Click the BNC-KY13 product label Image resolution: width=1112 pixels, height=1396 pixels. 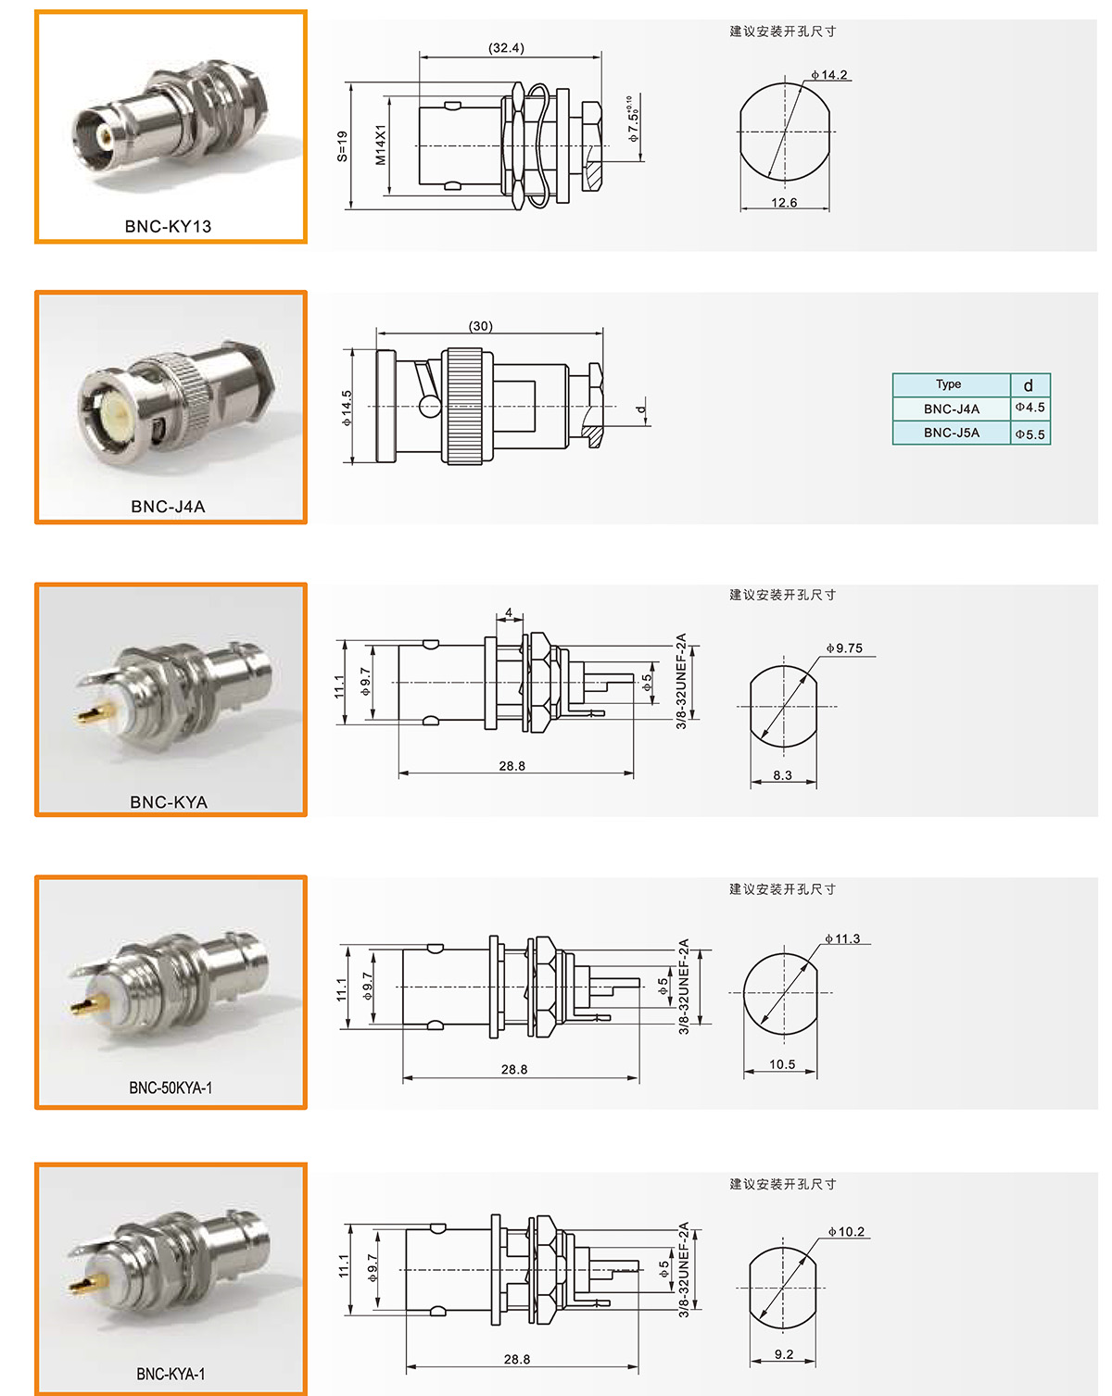coord(168,226)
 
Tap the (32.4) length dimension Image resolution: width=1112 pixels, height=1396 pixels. coord(506,48)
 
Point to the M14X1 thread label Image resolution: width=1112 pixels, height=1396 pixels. coord(381,145)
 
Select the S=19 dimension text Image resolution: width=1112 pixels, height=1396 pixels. coord(342,146)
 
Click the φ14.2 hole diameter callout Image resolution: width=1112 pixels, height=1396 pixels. coord(829,75)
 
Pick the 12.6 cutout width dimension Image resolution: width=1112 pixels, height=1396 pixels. coord(784,203)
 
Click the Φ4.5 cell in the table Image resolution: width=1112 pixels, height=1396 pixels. coord(1030,408)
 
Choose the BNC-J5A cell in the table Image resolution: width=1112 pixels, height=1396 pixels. coord(951,433)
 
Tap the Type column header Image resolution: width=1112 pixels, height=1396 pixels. coord(948,384)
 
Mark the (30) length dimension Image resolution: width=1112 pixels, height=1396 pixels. coord(480,326)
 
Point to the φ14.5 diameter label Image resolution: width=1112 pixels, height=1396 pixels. coord(347,408)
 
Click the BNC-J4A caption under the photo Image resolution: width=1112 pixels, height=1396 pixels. coord(168,507)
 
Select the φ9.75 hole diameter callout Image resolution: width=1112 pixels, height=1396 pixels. coord(844,648)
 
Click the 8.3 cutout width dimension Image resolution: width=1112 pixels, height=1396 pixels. coord(782,775)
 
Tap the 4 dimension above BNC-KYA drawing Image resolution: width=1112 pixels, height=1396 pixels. coord(509,612)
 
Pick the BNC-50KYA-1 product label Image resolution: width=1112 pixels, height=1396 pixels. coord(171,1088)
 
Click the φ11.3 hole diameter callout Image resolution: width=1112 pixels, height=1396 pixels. coord(842,938)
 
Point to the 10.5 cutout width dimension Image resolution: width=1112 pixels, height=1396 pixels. coord(782,1064)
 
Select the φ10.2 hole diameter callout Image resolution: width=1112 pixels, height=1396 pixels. coord(846,1232)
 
